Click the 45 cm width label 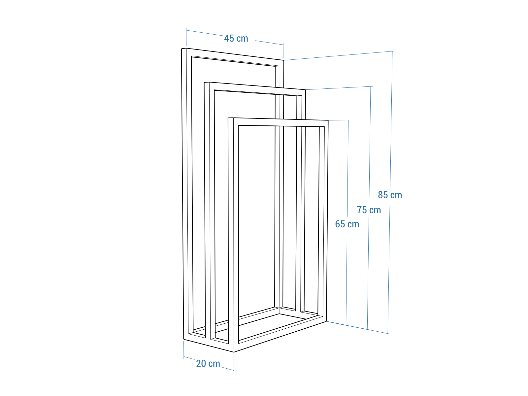(236, 39)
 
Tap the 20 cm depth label (208, 364)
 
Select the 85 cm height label (390, 195)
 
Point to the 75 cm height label (369, 210)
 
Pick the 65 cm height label (347, 224)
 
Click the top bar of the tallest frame (233, 57)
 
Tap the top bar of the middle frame (255, 89)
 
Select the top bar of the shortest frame (278, 122)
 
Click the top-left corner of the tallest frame (181, 49)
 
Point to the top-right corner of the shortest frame (328, 120)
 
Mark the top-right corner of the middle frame (306, 90)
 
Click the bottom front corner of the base (234, 352)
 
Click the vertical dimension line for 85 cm (390, 192)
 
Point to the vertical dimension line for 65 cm (347, 222)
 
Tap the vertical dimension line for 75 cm (369, 208)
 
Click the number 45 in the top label (229, 39)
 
